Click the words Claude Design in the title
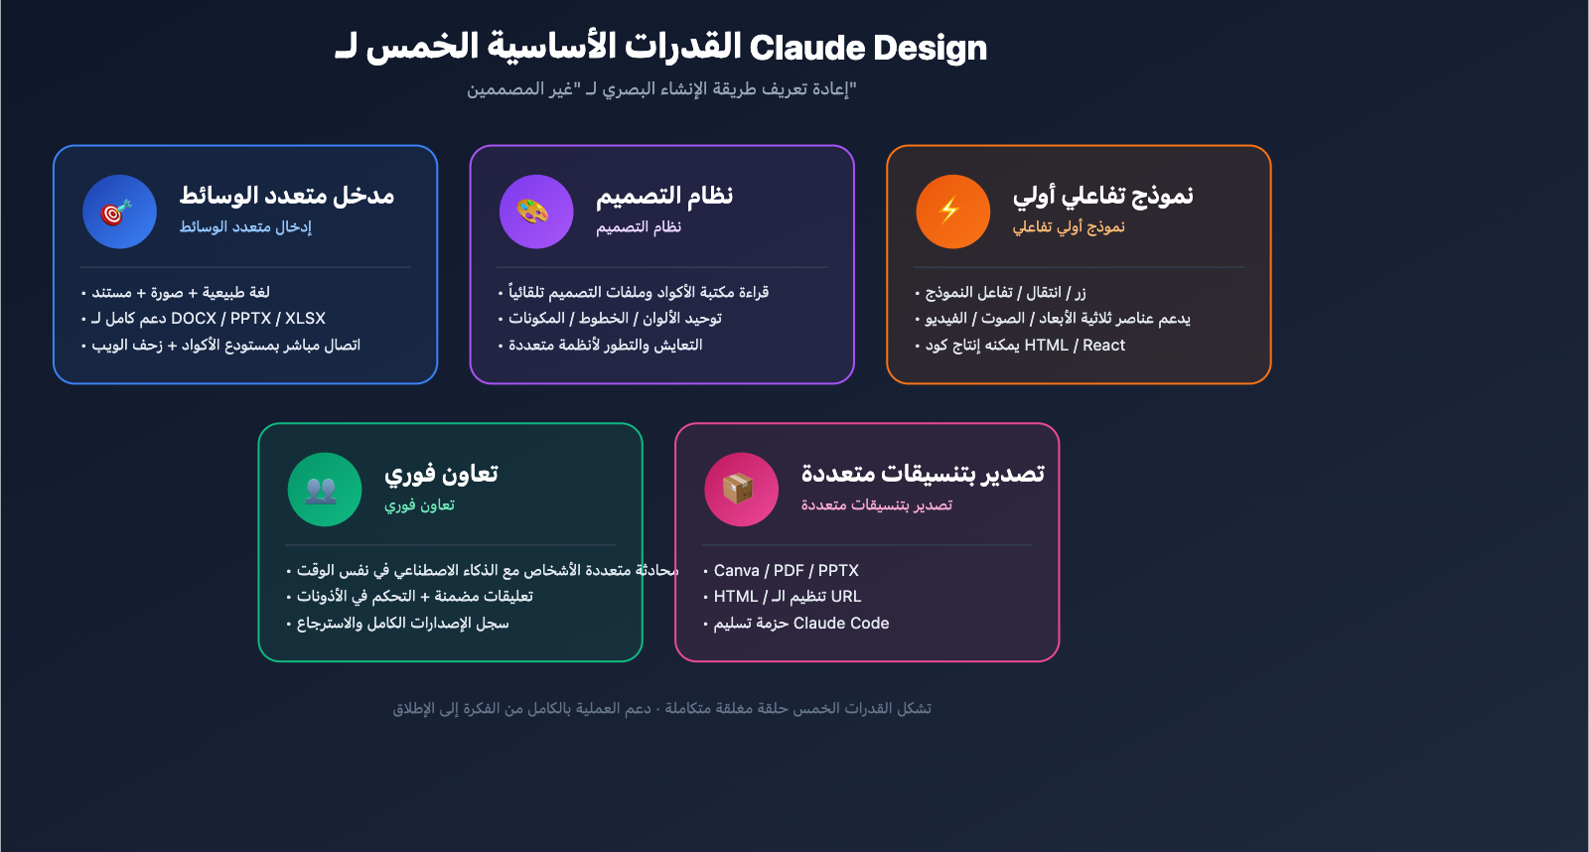click(x=868, y=48)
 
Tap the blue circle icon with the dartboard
click(x=119, y=212)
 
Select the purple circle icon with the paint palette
click(x=536, y=212)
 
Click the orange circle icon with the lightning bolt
click(x=952, y=212)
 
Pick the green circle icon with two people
click(x=324, y=490)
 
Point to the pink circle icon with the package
click(x=741, y=490)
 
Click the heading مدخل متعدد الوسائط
click(x=286, y=196)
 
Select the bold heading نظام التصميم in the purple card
click(x=663, y=196)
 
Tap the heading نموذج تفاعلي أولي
click(x=1102, y=196)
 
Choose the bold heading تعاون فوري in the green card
click(x=441, y=474)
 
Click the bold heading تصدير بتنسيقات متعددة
click(x=923, y=474)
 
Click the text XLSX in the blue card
click(x=305, y=319)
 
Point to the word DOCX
click(x=194, y=319)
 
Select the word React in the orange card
click(x=1103, y=346)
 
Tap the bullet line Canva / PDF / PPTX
click(x=786, y=571)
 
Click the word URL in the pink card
click(x=846, y=597)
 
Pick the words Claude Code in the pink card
click(x=841, y=624)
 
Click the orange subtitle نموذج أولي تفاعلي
click(x=1069, y=227)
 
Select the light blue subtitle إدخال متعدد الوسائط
click(x=245, y=227)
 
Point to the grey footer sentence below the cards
click(x=661, y=709)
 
